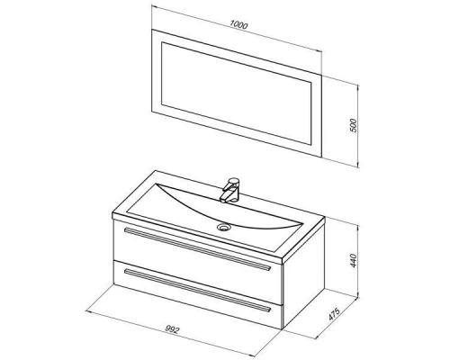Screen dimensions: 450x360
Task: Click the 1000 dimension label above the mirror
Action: pyautogui.click(x=238, y=25)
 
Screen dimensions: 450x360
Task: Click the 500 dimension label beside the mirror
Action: pyautogui.click(x=354, y=125)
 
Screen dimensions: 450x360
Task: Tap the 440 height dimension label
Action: pyautogui.click(x=354, y=261)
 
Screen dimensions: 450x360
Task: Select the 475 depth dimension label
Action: pyautogui.click(x=334, y=314)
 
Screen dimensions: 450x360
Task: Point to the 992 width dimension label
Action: pyautogui.click(x=172, y=329)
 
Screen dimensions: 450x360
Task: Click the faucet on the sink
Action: pyautogui.click(x=230, y=190)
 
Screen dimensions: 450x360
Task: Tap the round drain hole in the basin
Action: pyautogui.click(x=223, y=228)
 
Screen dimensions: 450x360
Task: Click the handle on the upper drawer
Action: pyautogui.click(x=197, y=249)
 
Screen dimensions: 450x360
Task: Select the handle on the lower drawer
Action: pyautogui.click(x=197, y=291)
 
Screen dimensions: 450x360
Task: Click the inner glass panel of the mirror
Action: pyautogui.click(x=237, y=93)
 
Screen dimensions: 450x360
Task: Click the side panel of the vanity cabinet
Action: pyautogui.click(x=303, y=290)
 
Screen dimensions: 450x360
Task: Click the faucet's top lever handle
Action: pyautogui.click(x=233, y=182)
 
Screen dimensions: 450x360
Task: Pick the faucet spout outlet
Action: pyautogui.click(x=223, y=200)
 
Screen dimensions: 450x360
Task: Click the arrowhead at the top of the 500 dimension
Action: pyautogui.click(x=357, y=87)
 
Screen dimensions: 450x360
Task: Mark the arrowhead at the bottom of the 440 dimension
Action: pyautogui.click(x=357, y=295)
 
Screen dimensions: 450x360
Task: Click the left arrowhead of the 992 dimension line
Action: pyautogui.click(x=88, y=312)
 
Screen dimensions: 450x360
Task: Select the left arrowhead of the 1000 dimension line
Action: pyautogui.click(x=155, y=5)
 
